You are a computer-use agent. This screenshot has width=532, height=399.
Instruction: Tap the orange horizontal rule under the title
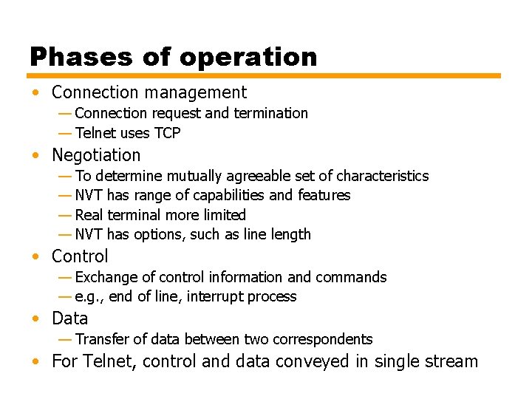pyautogui.click(x=264, y=75)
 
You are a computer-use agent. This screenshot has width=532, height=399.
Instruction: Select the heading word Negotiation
pyautogui.click(x=96, y=155)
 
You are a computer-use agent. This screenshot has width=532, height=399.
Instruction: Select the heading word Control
pyautogui.click(x=80, y=256)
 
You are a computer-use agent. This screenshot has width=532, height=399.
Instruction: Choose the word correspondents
pyautogui.click(x=323, y=339)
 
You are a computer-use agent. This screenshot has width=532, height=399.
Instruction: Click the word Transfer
pyautogui.click(x=101, y=339)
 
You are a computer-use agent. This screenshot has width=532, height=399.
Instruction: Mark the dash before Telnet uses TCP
pyautogui.click(x=65, y=133)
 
